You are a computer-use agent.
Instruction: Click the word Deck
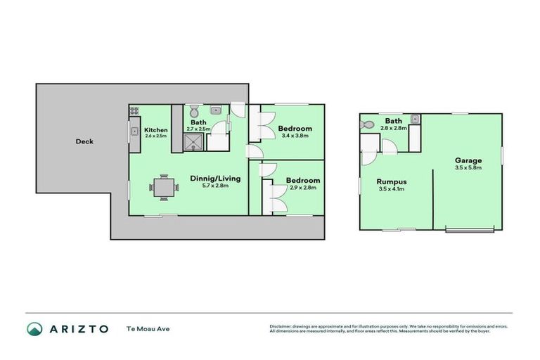point(84,141)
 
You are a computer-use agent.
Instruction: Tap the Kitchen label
point(155,130)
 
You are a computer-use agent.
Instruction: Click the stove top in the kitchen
point(134,110)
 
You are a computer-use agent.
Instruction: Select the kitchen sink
point(133,130)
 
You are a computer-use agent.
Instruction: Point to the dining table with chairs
point(163,186)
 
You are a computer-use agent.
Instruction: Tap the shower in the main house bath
point(193,143)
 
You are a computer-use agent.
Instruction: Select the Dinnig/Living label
point(215,178)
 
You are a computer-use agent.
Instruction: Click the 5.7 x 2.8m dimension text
point(215,186)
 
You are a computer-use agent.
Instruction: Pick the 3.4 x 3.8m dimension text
point(295,136)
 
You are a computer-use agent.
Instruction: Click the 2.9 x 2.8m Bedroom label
point(303,180)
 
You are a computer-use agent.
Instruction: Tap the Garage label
point(468,160)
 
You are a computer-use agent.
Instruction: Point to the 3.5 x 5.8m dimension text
point(468,168)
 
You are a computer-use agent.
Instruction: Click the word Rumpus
point(392,181)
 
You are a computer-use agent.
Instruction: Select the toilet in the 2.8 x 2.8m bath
point(367,124)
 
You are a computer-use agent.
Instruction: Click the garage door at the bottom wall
point(469,230)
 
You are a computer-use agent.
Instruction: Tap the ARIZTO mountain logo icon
point(34,328)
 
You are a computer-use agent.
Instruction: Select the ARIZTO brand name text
point(78,328)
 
